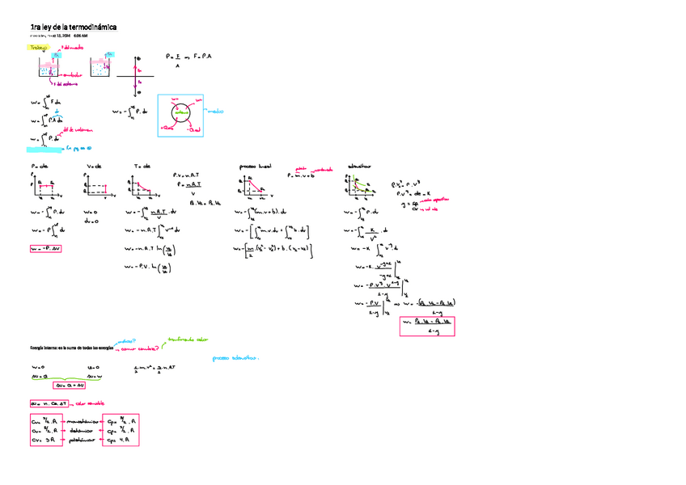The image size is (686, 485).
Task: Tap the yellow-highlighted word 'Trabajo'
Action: coord(38,48)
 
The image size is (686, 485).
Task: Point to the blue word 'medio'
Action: coord(215,112)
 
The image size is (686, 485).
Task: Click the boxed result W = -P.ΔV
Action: coord(45,248)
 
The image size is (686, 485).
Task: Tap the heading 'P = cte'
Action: coord(39,167)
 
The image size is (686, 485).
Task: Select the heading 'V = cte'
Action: coord(93,167)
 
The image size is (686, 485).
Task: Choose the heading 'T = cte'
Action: coord(142,167)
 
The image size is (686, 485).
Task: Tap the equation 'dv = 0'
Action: coord(92,221)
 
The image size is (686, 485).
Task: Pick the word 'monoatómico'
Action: coord(83,421)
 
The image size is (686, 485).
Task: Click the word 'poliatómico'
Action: coord(83,441)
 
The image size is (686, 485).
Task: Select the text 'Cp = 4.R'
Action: coord(122,441)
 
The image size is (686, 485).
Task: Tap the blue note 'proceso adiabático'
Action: coord(235,357)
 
